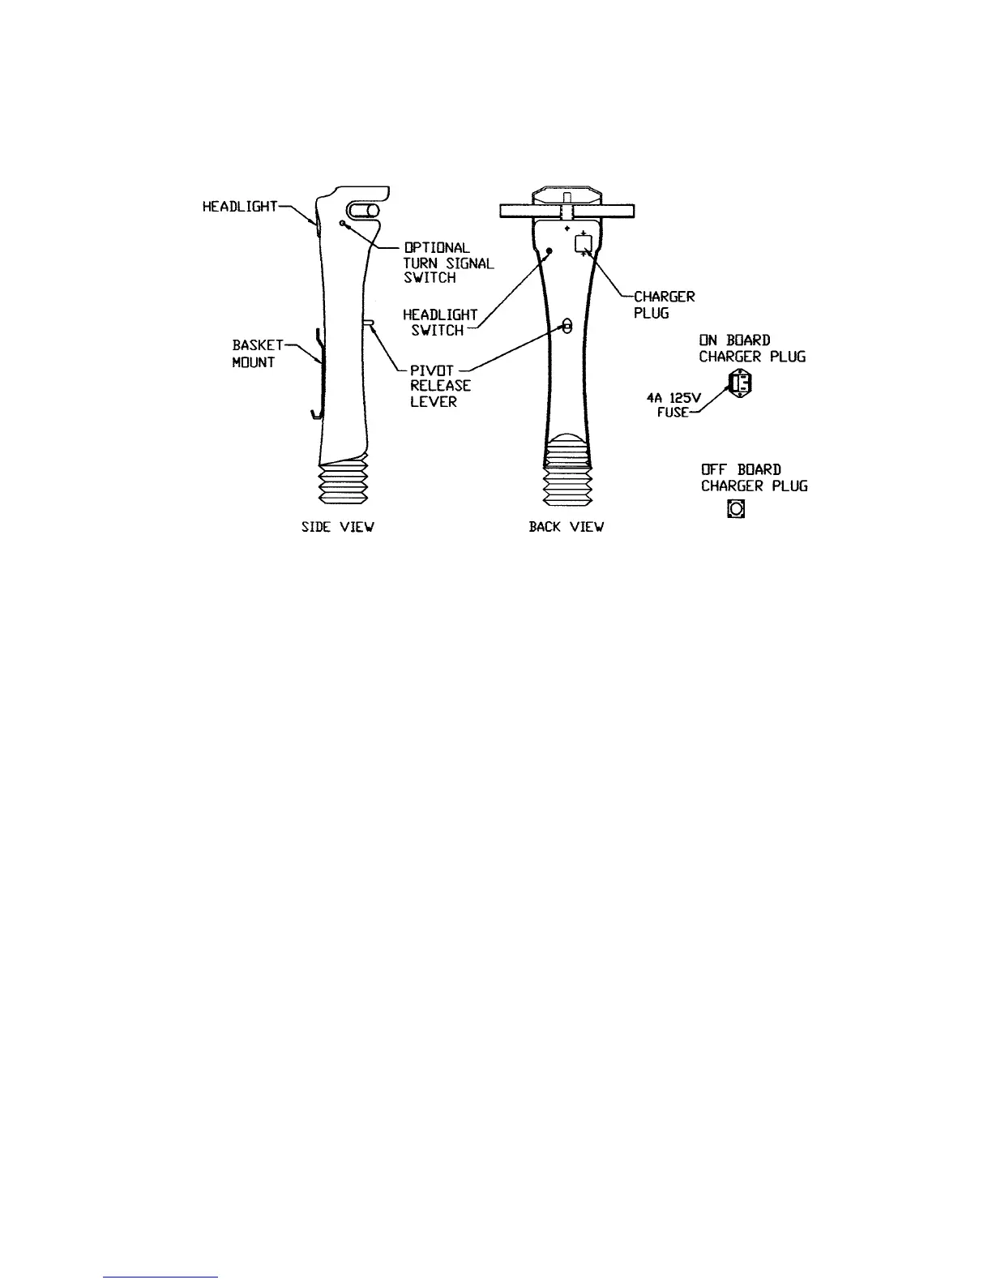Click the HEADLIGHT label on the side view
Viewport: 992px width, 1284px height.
click(x=239, y=207)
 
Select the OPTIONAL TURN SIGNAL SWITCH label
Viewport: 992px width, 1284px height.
click(x=447, y=263)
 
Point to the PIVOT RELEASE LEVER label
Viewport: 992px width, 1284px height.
click(x=439, y=386)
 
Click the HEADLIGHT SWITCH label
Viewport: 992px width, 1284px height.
click(x=439, y=322)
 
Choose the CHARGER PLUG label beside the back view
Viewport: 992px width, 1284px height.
click(x=664, y=305)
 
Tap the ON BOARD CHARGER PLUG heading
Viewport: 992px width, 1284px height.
click(x=752, y=349)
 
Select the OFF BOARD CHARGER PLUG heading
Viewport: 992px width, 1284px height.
click(x=754, y=478)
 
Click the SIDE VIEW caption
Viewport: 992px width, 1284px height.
click(x=337, y=527)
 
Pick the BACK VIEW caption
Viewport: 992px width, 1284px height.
click(x=566, y=527)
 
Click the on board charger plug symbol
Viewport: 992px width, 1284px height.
click(x=740, y=383)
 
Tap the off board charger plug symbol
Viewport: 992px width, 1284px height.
click(x=736, y=509)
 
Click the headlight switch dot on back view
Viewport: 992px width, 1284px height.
click(x=549, y=251)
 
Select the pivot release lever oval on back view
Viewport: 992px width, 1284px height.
click(x=567, y=326)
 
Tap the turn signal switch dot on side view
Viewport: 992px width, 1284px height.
click(x=343, y=224)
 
